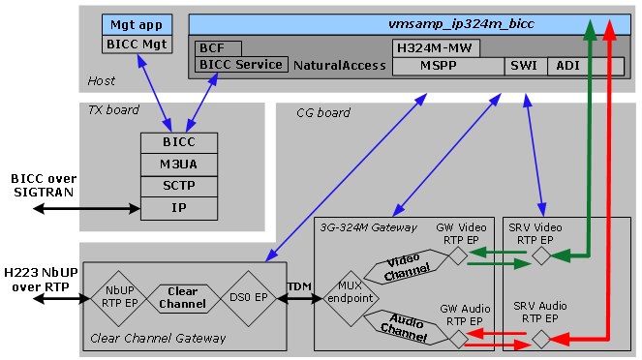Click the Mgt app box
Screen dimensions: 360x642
coord(136,24)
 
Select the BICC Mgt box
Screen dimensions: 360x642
coord(136,43)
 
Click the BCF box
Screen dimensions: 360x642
coord(218,47)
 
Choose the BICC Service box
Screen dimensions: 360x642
coord(241,65)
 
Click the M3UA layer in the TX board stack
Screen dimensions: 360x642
coord(172,164)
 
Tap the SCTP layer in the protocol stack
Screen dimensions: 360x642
coord(172,186)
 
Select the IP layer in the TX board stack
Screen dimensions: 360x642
coord(172,207)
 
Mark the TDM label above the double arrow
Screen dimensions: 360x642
coord(299,287)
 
